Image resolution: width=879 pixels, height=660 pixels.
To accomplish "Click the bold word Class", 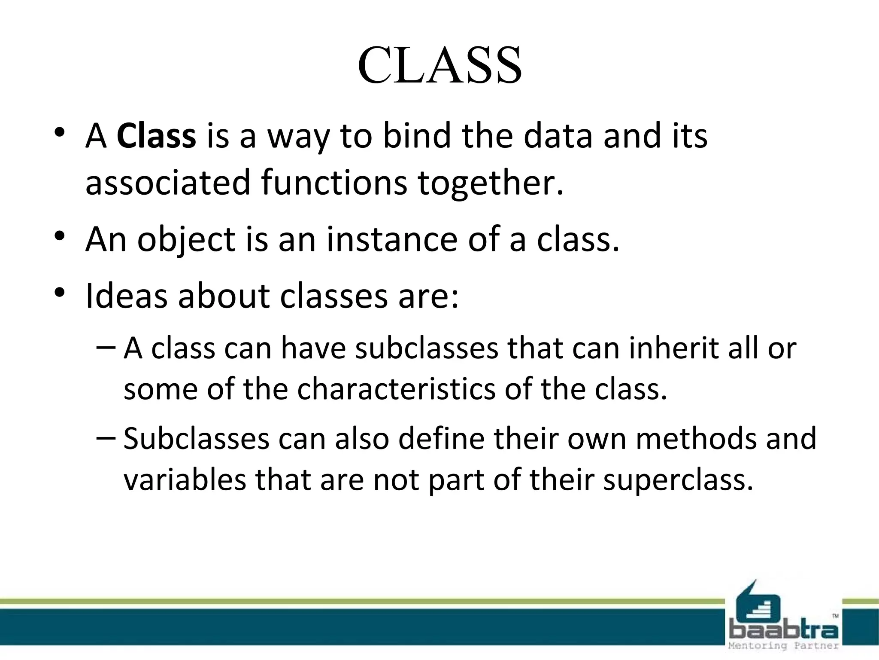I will (156, 136).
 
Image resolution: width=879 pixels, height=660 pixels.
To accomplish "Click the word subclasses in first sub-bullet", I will (427, 348).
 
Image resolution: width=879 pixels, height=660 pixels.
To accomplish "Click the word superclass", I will (678, 480).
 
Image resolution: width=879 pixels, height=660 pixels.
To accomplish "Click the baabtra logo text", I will (783, 630).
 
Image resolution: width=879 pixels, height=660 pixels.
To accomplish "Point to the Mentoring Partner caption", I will (783, 646).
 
